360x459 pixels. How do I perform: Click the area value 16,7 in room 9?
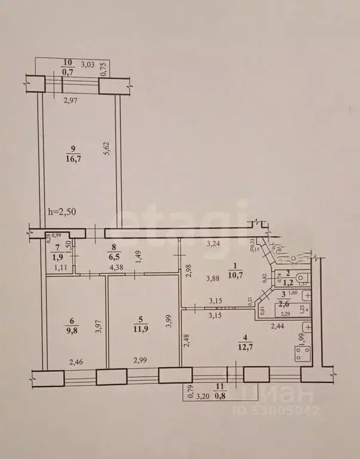tap(73, 158)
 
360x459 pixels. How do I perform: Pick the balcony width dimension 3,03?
tap(87, 64)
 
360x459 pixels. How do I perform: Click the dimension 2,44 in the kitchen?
tap(276, 326)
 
